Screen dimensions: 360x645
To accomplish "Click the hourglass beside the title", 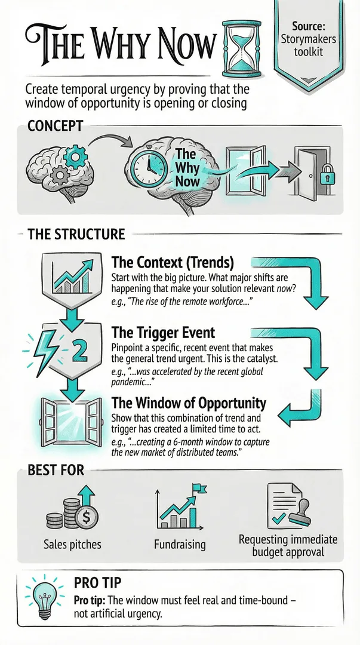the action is (x=242, y=48).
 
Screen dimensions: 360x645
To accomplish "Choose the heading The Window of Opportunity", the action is (x=189, y=403).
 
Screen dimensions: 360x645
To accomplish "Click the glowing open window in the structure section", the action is (x=72, y=423).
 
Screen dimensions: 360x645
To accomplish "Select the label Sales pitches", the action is (x=72, y=545).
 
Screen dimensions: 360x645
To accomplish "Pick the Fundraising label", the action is (x=180, y=545).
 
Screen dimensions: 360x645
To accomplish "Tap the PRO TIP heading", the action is (x=97, y=583).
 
